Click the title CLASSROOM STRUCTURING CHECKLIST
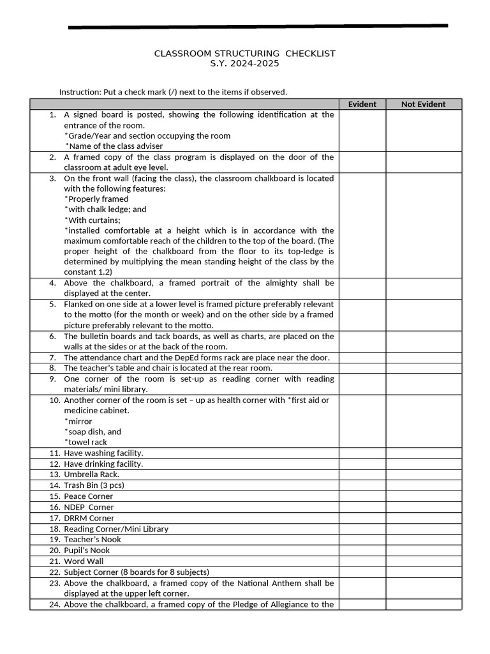(x=244, y=53)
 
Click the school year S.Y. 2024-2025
(x=244, y=63)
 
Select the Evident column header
(x=362, y=104)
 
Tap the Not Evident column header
(x=423, y=104)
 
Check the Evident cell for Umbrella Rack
(x=362, y=475)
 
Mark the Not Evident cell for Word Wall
(x=423, y=561)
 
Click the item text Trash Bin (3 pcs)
(x=94, y=485)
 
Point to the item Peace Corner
(x=88, y=496)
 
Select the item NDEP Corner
(x=89, y=507)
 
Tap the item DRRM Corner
(x=89, y=518)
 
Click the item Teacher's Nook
(x=92, y=540)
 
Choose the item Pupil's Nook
(x=87, y=551)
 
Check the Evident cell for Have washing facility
(x=362, y=453)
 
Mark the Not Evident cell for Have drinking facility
(x=423, y=464)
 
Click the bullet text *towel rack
(x=85, y=442)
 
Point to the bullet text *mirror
(x=78, y=422)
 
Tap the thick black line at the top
(x=258, y=27)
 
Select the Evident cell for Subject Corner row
(x=362, y=572)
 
